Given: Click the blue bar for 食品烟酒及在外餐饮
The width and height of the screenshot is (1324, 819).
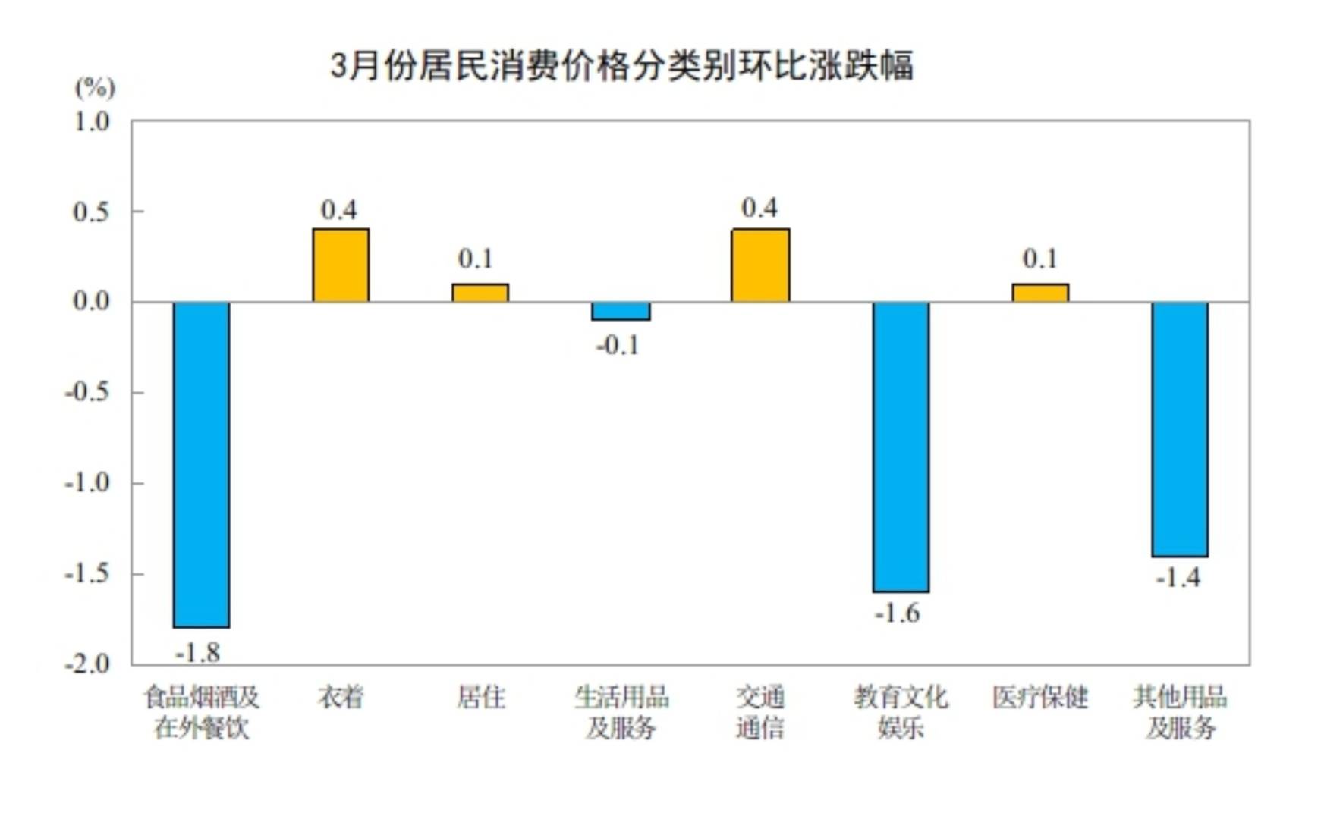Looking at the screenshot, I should coord(201,464).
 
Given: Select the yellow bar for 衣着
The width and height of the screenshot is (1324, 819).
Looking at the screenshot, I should coord(341,265).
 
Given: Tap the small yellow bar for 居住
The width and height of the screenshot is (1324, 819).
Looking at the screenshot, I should coord(480,293).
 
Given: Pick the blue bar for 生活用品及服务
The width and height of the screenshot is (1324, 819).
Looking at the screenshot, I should coord(621,311).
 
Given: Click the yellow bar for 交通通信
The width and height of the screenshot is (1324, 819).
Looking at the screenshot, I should coord(760,265).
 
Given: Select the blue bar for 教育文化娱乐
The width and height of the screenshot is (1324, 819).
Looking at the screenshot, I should coord(901,447).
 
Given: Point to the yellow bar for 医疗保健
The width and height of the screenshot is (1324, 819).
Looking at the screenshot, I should coord(1040,293).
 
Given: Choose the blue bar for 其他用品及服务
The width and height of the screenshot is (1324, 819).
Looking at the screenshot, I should coord(1180,429).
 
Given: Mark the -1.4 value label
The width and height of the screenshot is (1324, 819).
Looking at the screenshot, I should coord(1178,579).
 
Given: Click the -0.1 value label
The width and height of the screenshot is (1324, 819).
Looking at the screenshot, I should coord(618,346).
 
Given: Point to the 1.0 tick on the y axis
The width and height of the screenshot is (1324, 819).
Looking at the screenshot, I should coord(91,121).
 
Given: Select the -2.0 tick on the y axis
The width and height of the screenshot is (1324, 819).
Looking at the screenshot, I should coord(87,664).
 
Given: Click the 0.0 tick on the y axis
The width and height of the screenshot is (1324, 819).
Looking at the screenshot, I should coord(91,302).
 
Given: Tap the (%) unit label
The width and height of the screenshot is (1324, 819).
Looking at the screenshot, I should coord(95,88).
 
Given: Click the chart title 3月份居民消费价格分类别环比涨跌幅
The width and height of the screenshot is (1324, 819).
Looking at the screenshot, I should coord(622,66).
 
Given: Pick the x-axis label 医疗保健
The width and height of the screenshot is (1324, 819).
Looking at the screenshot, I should coord(1040,697).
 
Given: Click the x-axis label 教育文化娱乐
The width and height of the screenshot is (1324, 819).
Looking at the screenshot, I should coord(901,712).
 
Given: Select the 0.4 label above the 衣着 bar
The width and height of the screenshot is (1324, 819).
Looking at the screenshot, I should coord(338,210).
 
